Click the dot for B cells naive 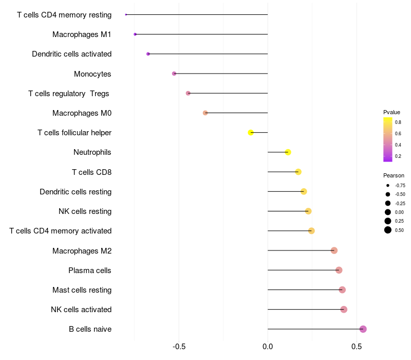pos(363,329)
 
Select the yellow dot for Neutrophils pos(288,152)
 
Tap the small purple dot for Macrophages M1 pos(135,34)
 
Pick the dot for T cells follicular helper pos(251,133)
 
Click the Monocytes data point pos(174,74)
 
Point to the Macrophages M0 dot pos(205,113)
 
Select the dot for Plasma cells pos(339,270)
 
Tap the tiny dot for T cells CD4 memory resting pos(126,15)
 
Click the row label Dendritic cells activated pos(71,54)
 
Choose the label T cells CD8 pos(92,172)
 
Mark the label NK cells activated pos(81,310)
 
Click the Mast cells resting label pos(82,290)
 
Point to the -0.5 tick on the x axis pos(179,347)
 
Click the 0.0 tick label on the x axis pos(268,347)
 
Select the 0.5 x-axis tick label pos(357,347)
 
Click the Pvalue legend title pos(391,112)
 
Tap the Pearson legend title pos(394,175)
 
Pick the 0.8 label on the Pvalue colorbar pos(398,122)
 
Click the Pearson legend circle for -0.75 pos(388,186)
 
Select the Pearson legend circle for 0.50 pos(388,230)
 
